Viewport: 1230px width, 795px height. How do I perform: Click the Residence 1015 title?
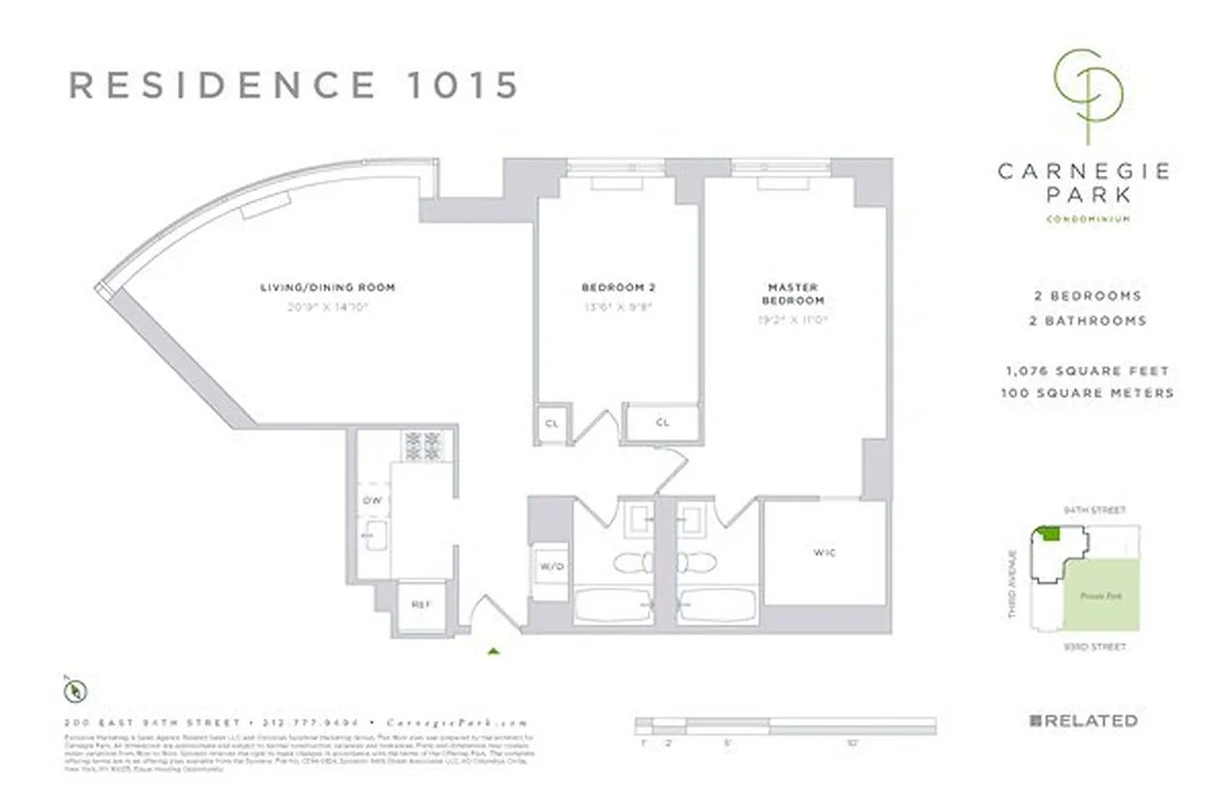tap(293, 85)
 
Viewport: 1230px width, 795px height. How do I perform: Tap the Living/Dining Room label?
tap(327, 287)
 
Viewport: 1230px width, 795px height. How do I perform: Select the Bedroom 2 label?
tap(617, 287)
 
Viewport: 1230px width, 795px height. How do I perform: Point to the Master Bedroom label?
tap(792, 294)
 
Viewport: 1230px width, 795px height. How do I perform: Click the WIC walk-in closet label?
tap(823, 553)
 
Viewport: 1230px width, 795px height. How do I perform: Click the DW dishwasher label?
tap(372, 501)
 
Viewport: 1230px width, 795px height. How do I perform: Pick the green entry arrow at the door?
tap(493, 652)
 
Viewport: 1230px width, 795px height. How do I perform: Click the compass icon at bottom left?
tap(77, 688)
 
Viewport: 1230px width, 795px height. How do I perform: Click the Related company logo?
tap(1083, 720)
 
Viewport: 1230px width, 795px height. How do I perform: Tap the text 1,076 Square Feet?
tap(1086, 371)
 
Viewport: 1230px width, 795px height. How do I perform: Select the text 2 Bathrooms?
tap(1086, 320)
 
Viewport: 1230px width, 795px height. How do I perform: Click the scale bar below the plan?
tap(786, 725)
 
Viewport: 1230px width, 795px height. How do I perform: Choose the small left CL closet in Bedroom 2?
tap(552, 422)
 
